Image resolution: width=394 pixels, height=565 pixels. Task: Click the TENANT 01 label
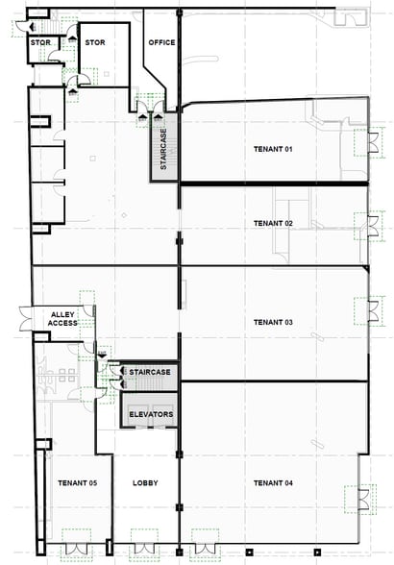pos(272,149)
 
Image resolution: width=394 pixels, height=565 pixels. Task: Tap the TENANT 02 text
pos(272,223)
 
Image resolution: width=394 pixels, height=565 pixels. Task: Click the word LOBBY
pos(145,482)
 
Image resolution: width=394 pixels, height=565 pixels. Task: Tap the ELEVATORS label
pos(150,414)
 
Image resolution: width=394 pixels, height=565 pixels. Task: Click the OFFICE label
pos(160,43)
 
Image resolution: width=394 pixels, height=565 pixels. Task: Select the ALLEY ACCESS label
pos(62,318)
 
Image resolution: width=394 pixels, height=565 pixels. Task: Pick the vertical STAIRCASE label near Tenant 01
pos(164,151)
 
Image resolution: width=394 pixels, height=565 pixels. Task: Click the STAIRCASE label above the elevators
pos(150,372)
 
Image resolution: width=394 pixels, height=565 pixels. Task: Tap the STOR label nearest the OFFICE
pos(95,43)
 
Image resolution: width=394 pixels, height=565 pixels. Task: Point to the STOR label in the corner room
pos(40,43)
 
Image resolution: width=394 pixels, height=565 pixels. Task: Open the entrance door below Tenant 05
pos(75,543)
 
